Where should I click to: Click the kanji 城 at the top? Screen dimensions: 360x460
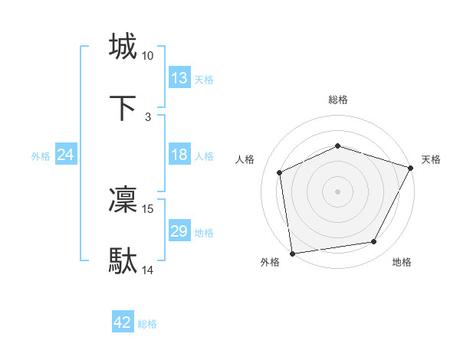(x=123, y=47)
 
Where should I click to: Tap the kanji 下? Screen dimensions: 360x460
(x=123, y=108)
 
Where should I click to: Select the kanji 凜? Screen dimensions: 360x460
(x=123, y=200)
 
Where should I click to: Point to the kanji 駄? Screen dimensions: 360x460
(x=123, y=261)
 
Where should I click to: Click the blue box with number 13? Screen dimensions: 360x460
(x=179, y=78)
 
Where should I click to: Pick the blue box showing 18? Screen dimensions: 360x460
(x=179, y=155)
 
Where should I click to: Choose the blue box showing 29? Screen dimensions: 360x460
(x=179, y=231)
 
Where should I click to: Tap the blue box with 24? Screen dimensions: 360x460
(x=66, y=155)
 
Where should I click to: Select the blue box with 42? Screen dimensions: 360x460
(x=123, y=323)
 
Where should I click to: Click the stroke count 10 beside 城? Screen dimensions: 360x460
(x=148, y=56)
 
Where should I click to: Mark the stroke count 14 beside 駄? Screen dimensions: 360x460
(x=148, y=270)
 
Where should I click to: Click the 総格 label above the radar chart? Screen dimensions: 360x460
(x=338, y=100)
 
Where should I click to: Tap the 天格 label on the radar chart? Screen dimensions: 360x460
(x=431, y=159)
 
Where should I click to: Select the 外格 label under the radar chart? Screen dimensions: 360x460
(x=270, y=263)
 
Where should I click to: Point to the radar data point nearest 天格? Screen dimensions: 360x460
(x=411, y=168)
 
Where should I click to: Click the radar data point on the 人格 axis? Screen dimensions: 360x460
(x=280, y=172)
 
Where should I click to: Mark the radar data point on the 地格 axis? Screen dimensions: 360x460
(x=374, y=242)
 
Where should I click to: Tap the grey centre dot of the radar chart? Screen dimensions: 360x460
(x=338, y=191)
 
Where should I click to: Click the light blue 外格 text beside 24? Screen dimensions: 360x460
(x=41, y=155)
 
